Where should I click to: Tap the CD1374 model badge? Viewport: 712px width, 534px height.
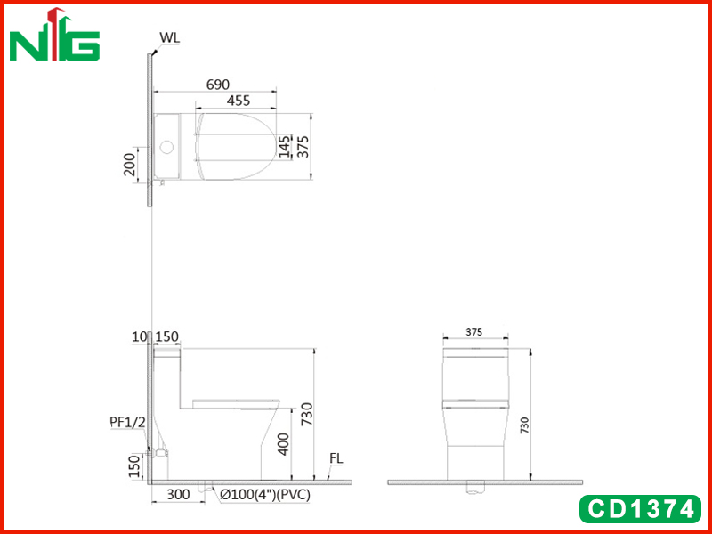coord(640,509)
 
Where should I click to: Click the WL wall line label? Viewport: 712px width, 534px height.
coord(169,38)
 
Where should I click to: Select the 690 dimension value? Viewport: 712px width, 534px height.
coord(218,85)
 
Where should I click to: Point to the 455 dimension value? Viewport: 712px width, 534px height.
coord(238,101)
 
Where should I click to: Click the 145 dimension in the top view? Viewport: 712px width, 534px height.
coord(285,146)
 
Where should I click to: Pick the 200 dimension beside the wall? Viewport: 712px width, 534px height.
coord(129,165)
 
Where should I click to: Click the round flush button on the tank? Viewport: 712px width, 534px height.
coord(166,147)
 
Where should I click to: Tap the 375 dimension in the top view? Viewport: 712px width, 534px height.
coord(303,147)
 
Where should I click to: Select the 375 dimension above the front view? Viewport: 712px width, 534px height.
coord(474,332)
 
